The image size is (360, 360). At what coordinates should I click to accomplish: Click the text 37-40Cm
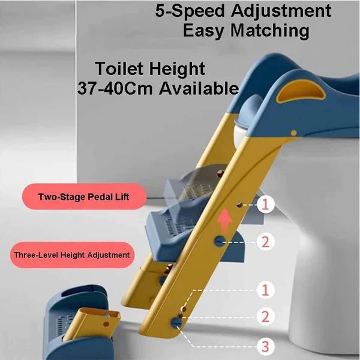pyautogui.click(x=115, y=89)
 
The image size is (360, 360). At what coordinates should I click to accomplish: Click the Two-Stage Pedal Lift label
pyautogui.click(x=83, y=197)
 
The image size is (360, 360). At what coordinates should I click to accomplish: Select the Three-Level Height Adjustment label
pyautogui.click(x=71, y=254)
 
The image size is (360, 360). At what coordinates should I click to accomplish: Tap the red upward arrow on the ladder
pyautogui.click(x=224, y=221)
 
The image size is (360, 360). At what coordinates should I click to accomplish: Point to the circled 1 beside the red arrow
pyautogui.click(x=266, y=205)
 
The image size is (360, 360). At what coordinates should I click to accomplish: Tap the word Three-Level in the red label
pyautogui.click(x=35, y=254)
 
